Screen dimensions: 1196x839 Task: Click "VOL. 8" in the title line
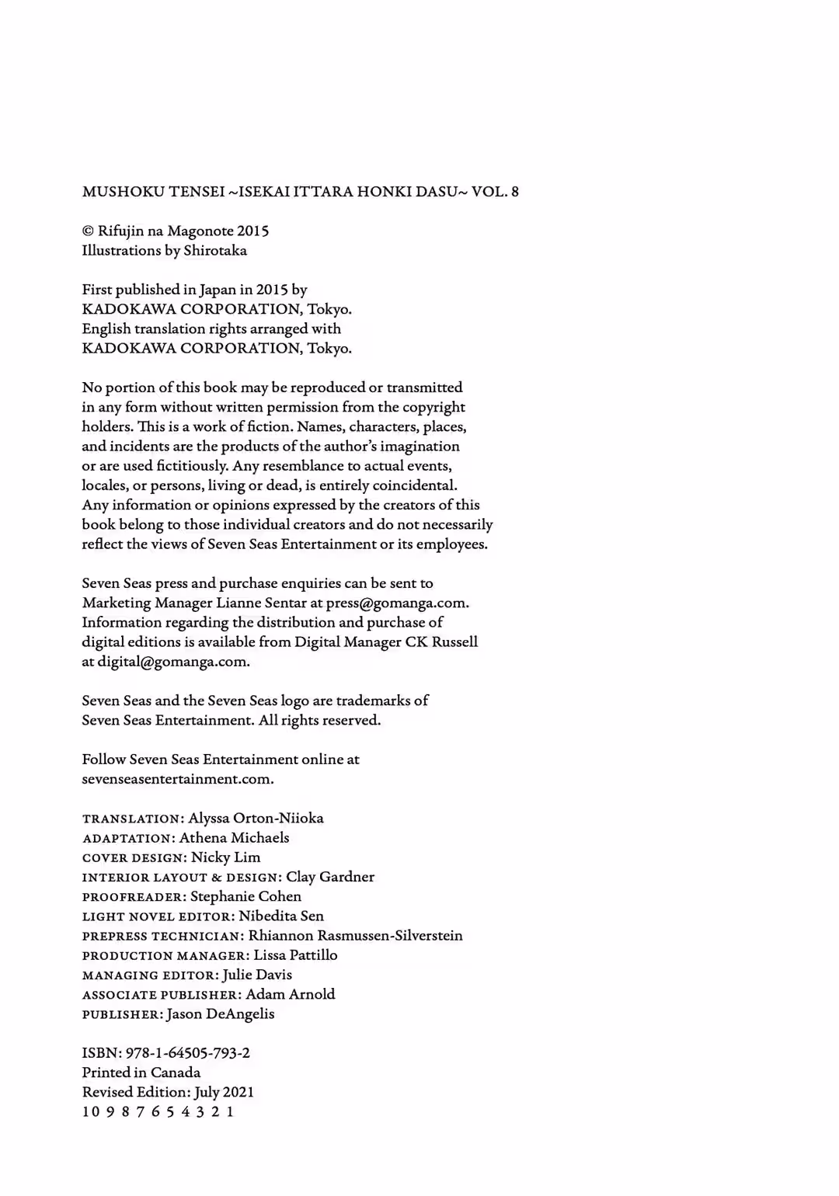[495, 192]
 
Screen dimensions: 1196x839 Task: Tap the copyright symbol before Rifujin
[87, 231]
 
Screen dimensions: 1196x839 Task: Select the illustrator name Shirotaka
[215, 251]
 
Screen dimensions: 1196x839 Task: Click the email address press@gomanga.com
[397, 603]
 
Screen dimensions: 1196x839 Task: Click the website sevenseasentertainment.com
[177, 779]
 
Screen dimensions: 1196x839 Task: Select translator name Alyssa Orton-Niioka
[256, 819]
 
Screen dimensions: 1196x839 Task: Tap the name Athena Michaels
[234, 838]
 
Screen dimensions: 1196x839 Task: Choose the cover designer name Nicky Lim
[225, 857]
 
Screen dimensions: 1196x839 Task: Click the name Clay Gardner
[330, 877]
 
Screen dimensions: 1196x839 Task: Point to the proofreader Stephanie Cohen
[245, 896]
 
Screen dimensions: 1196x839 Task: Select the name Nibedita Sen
[281, 916]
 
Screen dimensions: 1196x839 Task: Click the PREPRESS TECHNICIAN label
[162, 937]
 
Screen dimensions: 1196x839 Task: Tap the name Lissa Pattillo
[295, 955]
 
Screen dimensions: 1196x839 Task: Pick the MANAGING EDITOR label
[149, 975]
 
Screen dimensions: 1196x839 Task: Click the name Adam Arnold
[291, 994]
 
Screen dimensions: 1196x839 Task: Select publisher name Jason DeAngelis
[220, 1014]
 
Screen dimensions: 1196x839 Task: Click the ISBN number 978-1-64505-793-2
[187, 1053]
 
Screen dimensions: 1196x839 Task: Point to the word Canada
[176, 1073]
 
